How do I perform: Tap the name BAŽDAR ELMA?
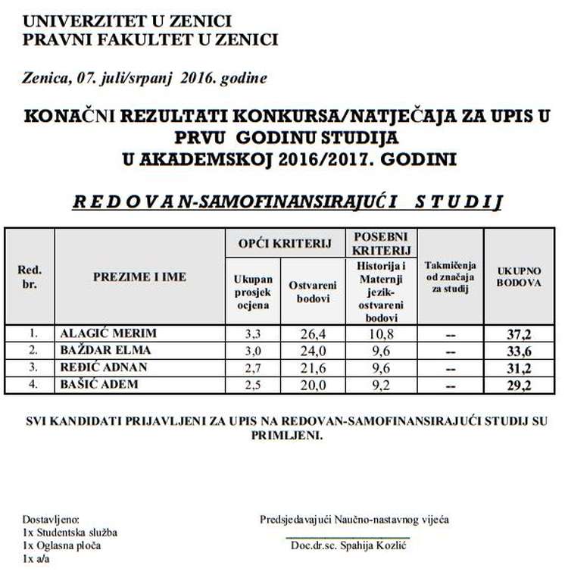(x=105, y=350)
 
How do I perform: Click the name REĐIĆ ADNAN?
(x=104, y=368)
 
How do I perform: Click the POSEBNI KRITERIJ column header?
(x=382, y=242)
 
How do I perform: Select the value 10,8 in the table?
(x=381, y=333)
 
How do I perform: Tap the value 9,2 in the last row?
(x=381, y=386)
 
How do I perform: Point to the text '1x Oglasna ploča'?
(x=61, y=545)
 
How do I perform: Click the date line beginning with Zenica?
(x=145, y=78)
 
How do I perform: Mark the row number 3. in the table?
(x=33, y=368)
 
